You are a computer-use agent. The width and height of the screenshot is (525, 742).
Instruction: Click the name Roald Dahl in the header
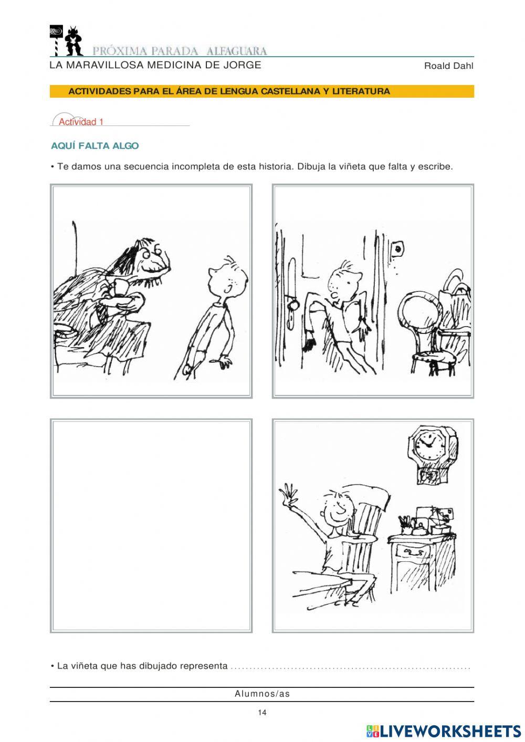click(448, 66)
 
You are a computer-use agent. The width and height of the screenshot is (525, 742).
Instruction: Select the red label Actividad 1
click(81, 122)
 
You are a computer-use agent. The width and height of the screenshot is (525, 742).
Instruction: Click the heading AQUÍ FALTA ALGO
click(95, 146)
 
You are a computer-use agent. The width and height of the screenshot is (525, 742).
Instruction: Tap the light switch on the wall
click(397, 248)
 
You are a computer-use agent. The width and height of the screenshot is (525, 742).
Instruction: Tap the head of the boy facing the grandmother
click(228, 278)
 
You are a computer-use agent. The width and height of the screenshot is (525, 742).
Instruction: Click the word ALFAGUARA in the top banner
click(236, 51)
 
